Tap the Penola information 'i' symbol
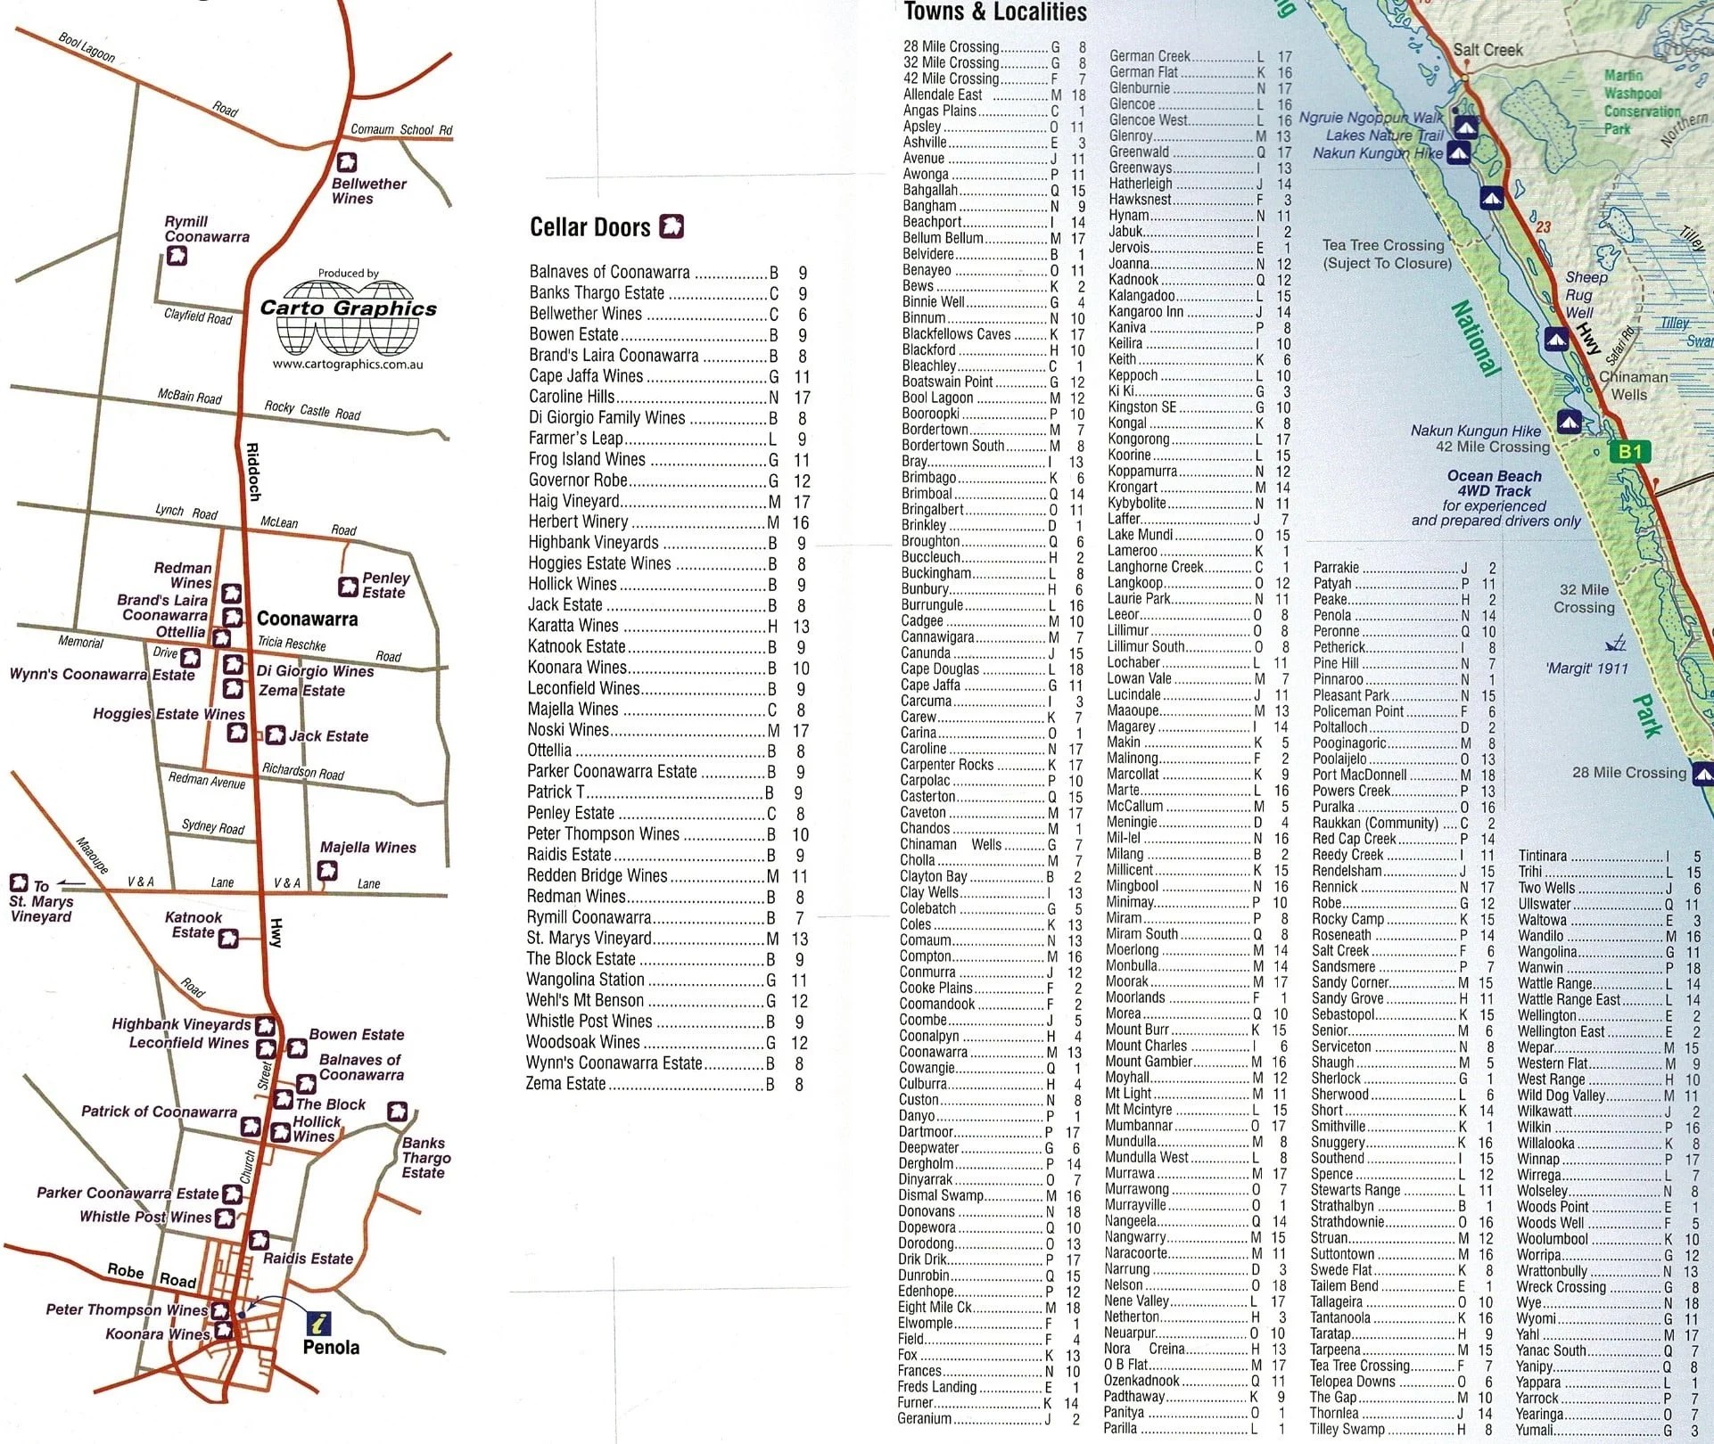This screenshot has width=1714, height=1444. [x=318, y=1322]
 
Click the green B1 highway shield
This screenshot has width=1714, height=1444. [x=1630, y=452]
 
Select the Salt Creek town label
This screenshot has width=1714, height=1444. [x=1487, y=50]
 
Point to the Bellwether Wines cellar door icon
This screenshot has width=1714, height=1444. [x=346, y=162]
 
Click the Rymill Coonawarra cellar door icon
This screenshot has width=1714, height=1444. [x=177, y=257]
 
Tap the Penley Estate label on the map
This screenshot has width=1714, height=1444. [x=385, y=585]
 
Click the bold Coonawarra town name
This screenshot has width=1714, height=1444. [x=307, y=619]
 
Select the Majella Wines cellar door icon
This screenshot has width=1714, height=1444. [x=328, y=870]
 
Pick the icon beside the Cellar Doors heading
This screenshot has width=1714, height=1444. [x=671, y=226]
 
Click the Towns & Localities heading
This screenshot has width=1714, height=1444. [x=995, y=12]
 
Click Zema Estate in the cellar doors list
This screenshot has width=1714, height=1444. [x=565, y=1084]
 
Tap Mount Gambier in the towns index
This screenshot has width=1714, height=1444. [x=1149, y=1062]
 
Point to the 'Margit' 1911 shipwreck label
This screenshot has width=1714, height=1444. [x=1586, y=669]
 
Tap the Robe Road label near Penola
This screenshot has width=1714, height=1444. [x=152, y=1276]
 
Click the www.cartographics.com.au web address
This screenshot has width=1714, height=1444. [x=348, y=364]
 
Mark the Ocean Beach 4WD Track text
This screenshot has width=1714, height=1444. [x=1494, y=483]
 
